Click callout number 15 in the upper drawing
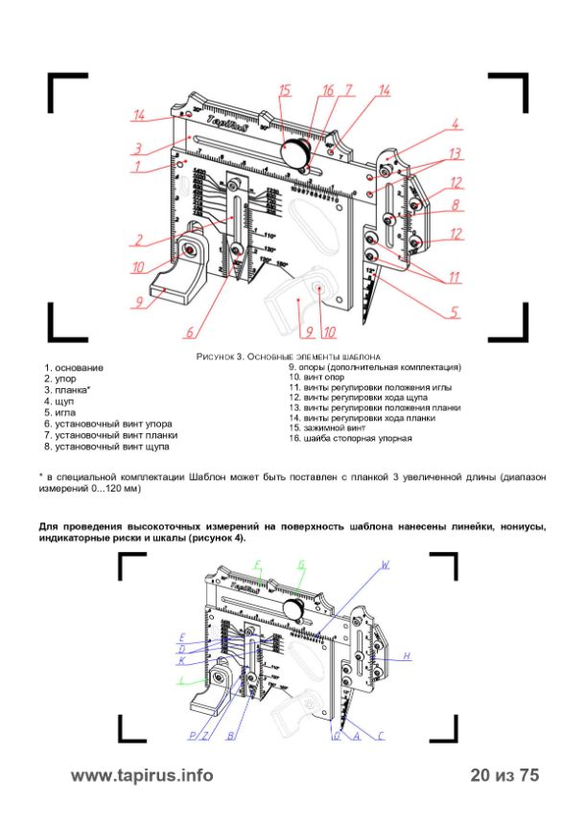285,90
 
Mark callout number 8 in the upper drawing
457,204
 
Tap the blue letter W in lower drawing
386,565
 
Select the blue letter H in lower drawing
407,655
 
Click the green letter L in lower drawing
180,680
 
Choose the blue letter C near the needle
380,736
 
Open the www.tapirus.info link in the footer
143,775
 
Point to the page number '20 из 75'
505,775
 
